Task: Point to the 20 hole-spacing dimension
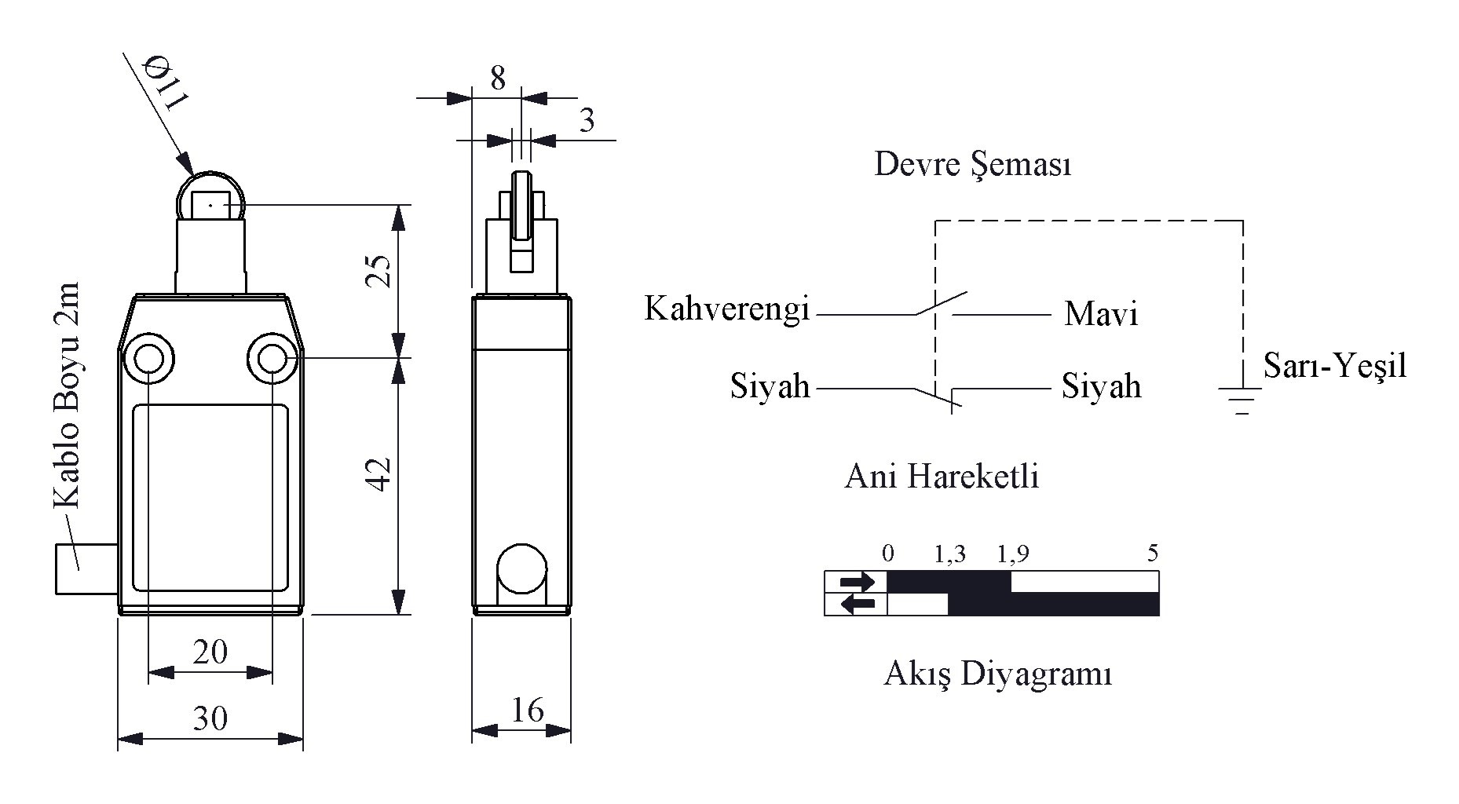coord(210,652)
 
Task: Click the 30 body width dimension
coord(210,718)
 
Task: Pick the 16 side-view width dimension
coord(527,710)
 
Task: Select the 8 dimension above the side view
coord(498,79)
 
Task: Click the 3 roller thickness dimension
coord(587,120)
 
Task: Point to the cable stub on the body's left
coord(87,568)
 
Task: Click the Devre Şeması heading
coord(973,166)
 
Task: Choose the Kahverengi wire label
coord(726,309)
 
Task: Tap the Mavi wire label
coord(1101,314)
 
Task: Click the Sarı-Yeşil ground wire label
coord(1334,366)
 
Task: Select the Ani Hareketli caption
coord(942,477)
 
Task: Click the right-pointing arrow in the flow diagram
coord(856,583)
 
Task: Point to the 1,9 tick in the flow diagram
coord(1012,554)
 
